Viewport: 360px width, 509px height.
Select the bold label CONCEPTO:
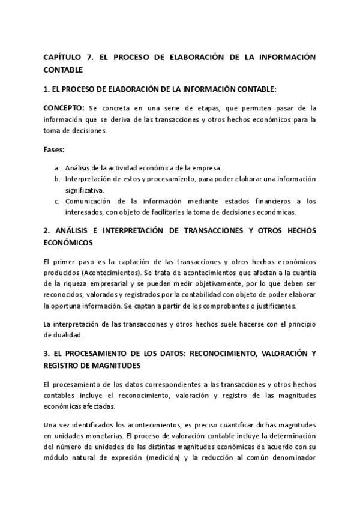[x=64, y=109]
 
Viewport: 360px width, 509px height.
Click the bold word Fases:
[x=56, y=148]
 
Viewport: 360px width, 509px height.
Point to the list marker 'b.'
[x=56, y=179]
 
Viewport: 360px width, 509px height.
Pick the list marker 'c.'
[x=56, y=200]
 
